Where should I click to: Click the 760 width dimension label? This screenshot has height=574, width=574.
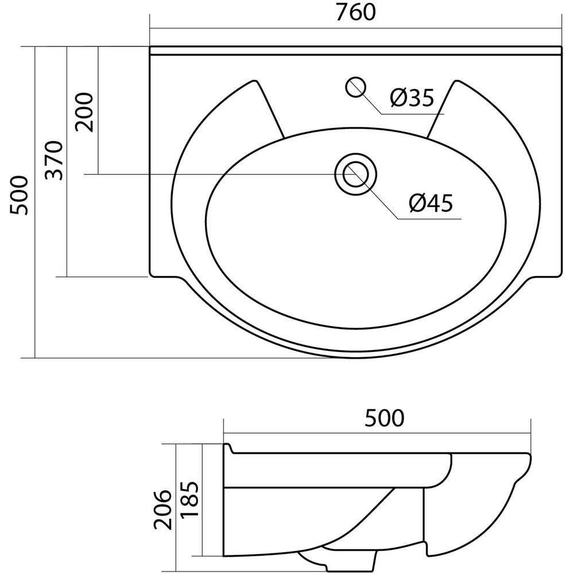click(355, 12)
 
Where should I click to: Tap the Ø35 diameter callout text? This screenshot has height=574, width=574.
click(412, 98)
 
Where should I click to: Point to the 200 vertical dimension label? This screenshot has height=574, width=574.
click(84, 112)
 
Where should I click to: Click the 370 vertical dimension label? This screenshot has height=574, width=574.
click(54, 160)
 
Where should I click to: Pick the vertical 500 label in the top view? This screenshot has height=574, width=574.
click(19, 195)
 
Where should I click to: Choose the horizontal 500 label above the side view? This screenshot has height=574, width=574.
click(385, 418)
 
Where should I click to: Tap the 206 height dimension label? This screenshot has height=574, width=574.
click(162, 510)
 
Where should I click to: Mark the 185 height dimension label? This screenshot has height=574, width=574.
click(189, 499)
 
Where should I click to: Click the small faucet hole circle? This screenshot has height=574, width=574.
click(355, 87)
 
